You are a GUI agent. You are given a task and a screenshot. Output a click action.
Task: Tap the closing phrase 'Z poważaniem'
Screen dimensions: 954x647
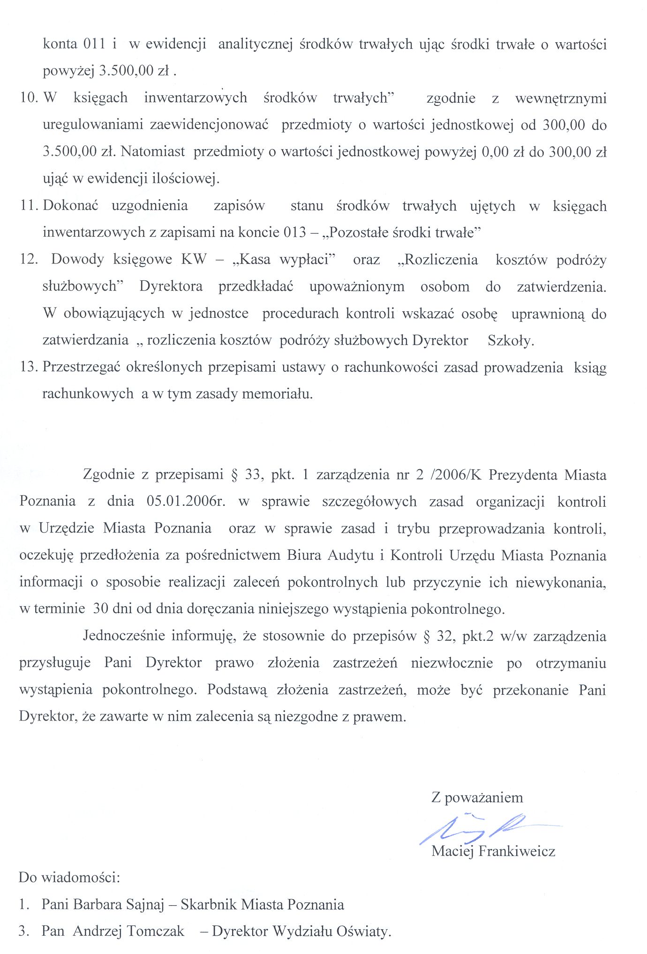click(x=477, y=797)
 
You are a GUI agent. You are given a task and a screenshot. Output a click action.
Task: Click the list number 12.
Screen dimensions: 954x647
click(x=29, y=259)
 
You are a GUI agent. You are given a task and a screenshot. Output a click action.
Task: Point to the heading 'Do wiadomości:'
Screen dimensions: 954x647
click(x=69, y=878)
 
